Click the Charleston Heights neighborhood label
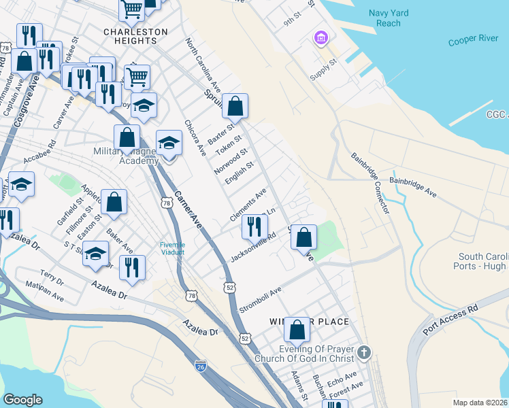(135, 36)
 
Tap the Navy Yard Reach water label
(388, 18)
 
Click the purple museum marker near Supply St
(321, 38)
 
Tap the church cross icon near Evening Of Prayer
(364, 352)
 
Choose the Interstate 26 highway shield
(200, 367)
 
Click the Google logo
(22, 400)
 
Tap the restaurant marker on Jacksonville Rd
(255, 228)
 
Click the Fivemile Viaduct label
(172, 249)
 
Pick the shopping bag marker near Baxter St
(235, 107)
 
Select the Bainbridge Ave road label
(412, 187)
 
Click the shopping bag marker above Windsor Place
(297, 331)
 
